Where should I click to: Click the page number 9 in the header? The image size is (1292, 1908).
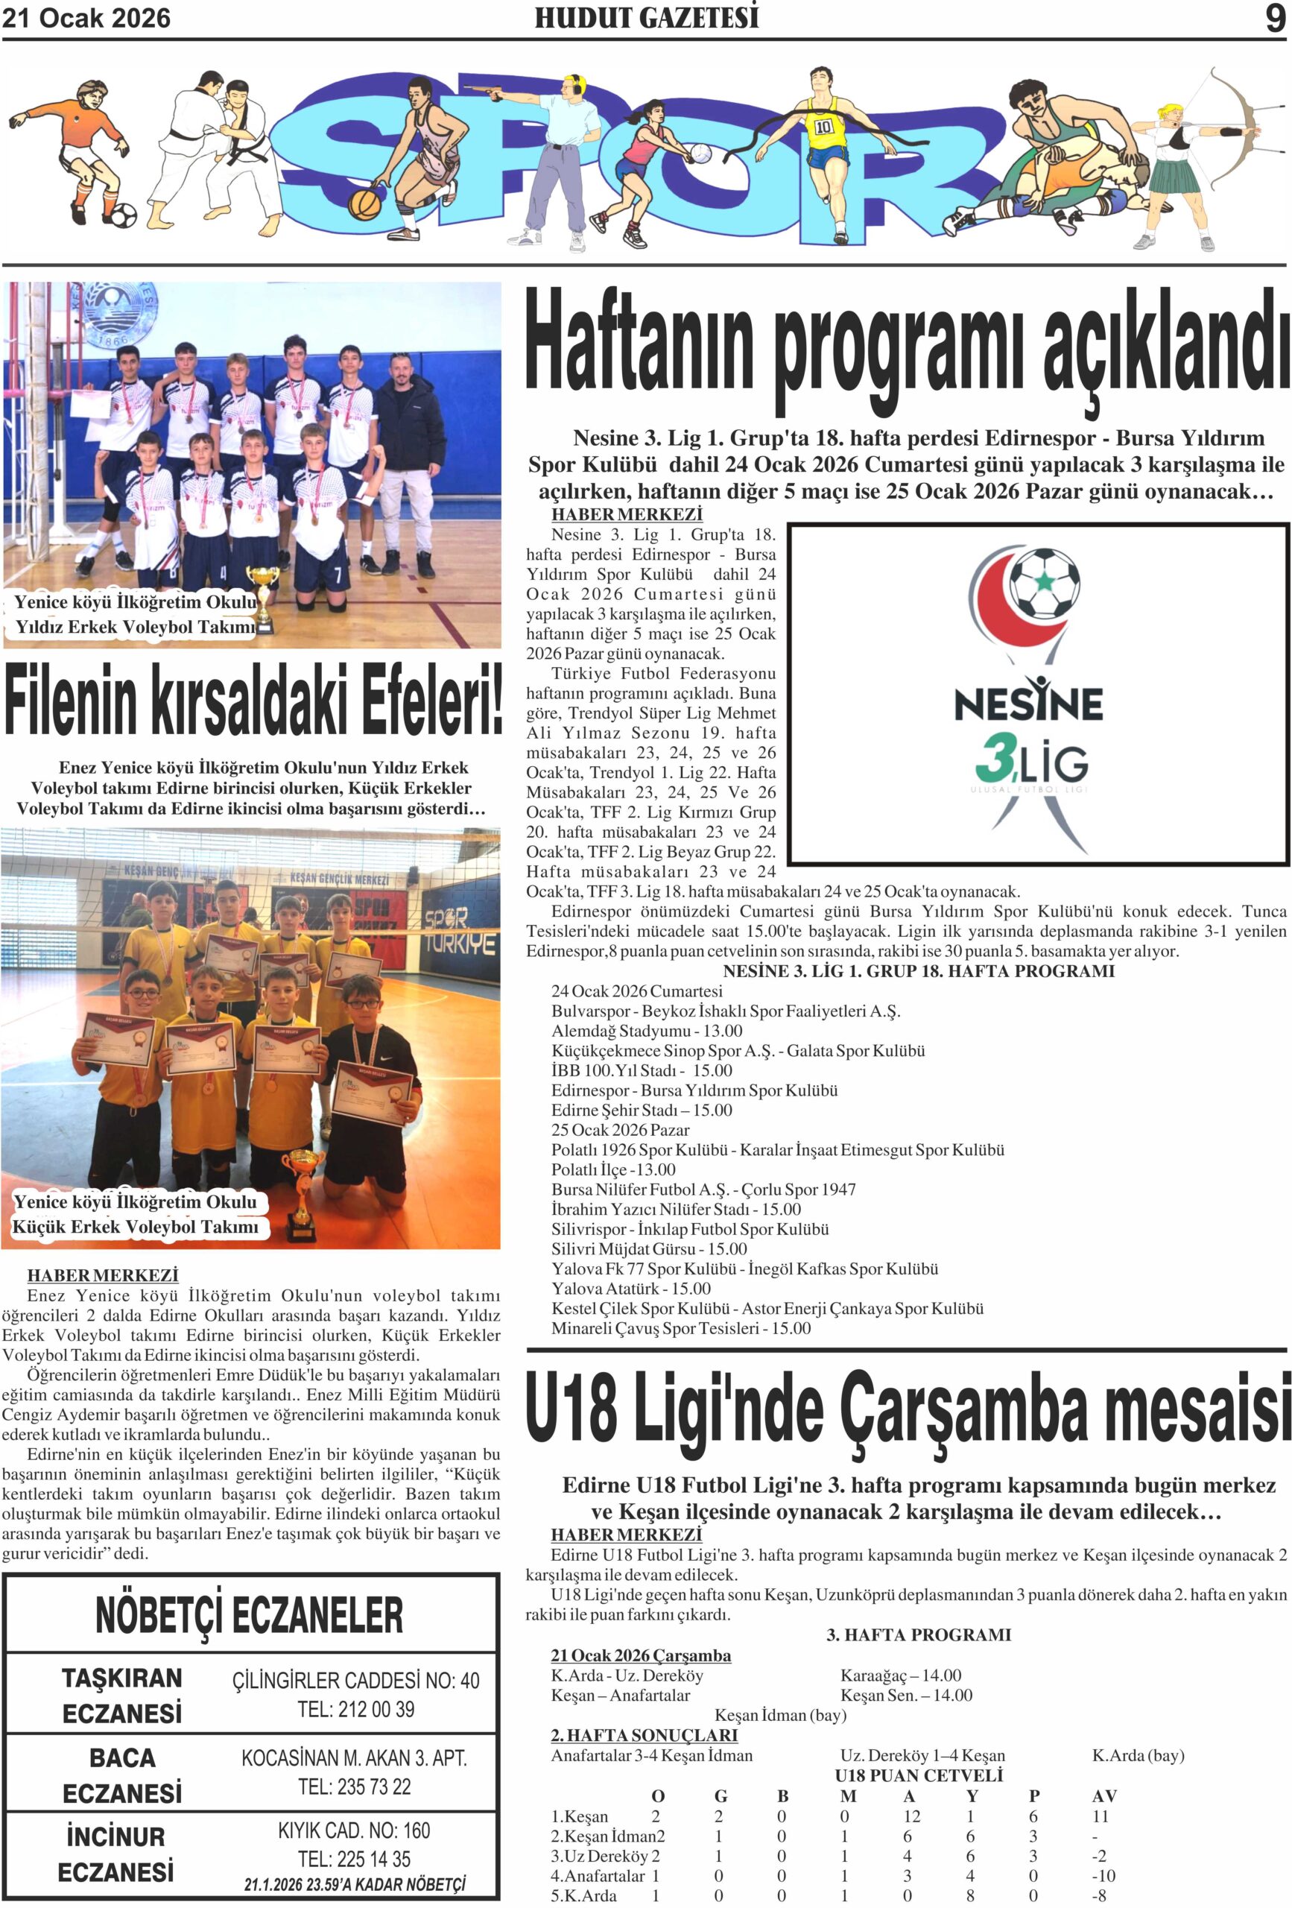click(1274, 18)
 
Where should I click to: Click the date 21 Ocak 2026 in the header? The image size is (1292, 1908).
click(86, 18)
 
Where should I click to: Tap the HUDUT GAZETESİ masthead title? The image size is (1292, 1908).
click(646, 18)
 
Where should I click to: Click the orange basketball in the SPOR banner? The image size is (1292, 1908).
click(364, 203)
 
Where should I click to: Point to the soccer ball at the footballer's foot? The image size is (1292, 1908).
click(122, 215)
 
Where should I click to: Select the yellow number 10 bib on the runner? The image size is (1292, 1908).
click(823, 127)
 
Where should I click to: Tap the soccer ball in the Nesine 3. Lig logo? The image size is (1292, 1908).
click(1044, 582)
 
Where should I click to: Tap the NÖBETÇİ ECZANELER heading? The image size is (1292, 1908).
click(250, 1615)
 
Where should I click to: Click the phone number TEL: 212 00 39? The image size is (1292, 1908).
click(355, 1708)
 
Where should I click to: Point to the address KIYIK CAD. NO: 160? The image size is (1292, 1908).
click(354, 1830)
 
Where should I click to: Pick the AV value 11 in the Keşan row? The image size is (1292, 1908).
click(1100, 1816)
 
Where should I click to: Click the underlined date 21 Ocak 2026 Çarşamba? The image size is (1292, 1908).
click(640, 1655)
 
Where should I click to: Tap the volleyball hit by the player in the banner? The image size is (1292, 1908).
click(700, 153)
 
